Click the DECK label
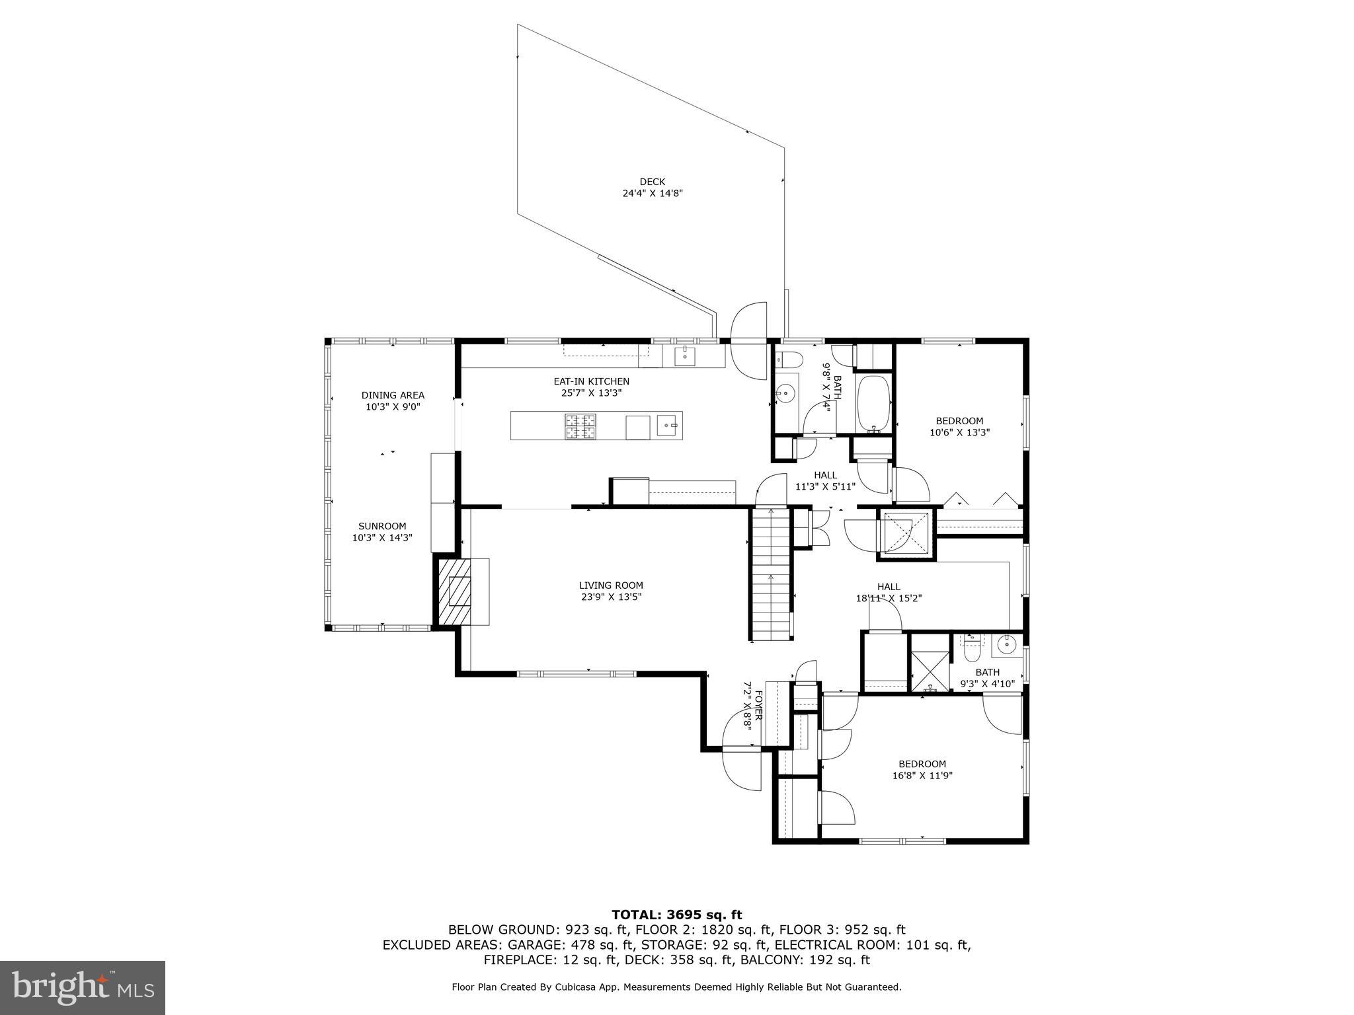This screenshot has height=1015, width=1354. tap(652, 182)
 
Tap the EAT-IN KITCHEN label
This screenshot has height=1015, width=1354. tap(591, 381)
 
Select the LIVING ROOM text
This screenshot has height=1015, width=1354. tap(611, 585)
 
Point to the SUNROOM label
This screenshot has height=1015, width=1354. tap(382, 526)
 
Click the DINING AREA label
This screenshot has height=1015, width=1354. tap(393, 395)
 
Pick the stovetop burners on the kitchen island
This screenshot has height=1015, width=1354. tap(580, 426)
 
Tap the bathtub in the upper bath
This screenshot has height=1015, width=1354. tap(873, 404)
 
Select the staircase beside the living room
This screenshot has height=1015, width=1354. tap(772, 574)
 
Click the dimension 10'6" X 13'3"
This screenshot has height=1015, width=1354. tap(959, 432)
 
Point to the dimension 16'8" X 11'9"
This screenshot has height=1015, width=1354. tap(922, 776)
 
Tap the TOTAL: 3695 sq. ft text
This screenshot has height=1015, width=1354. tap(676, 915)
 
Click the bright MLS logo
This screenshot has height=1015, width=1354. tap(83, 987)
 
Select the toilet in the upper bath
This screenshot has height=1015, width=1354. tap(789, 359)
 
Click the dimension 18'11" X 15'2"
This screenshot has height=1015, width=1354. tap(889, 598)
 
